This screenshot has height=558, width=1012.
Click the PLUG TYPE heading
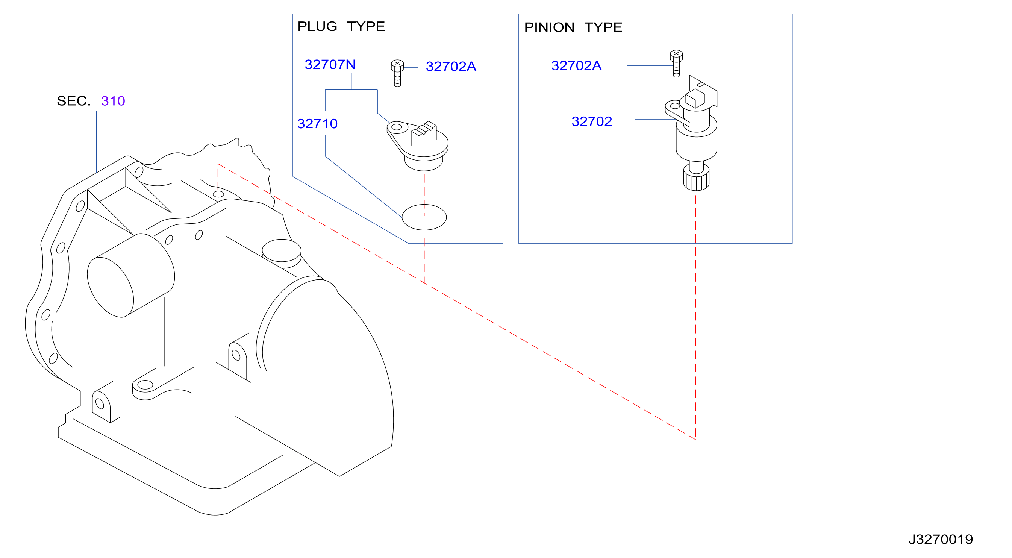pyautogui.click(x=341, y=26)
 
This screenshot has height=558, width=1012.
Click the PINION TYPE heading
pyautogui.click(x=573, y=27)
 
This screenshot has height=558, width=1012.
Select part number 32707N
pyautogui.click(x=330, y=64)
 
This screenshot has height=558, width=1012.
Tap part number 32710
pyautogui.click(x=317, y=124)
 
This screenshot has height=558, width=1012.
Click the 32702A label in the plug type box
pyautogui.click(x=451, y=67)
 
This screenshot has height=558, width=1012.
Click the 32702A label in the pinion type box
pyautogui.click(x=576, y=66)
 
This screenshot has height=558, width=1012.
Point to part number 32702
pyautogui.click(x=592, y=121)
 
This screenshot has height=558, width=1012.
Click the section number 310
pyautogui.click(x=113, y=101)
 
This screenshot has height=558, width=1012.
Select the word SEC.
pyautogui.click(x=73, y=101)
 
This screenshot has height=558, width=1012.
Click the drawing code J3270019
pyautogui.click(x=941, y=540)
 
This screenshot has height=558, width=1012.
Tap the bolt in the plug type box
pyautogui.click(x=397, y=73)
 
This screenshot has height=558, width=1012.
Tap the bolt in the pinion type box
pyautogui.click(x=676, y=63)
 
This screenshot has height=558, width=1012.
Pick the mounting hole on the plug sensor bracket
pyautogui.click(x=397, y=127)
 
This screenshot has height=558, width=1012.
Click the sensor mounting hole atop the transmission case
pyautogui.click(x=218, y=194)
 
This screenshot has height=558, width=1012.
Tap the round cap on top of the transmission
pyautogui.click(x=282, y=251)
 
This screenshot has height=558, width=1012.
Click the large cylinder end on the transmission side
pyautogui.click(x=111, y=287)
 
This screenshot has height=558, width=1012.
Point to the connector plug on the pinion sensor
pyautogui.click(x=695, y=98)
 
